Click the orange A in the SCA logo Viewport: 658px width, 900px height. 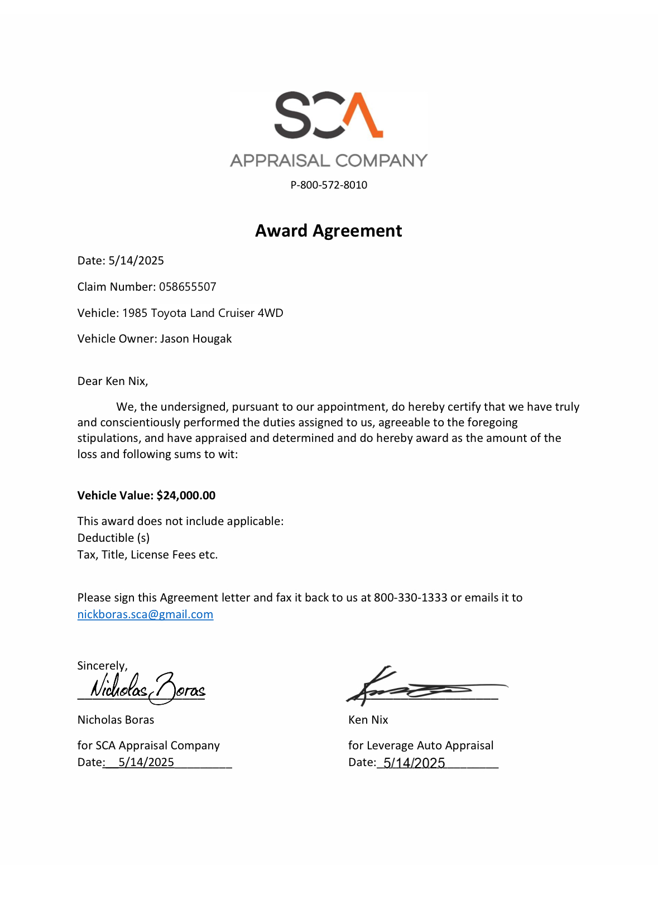363,115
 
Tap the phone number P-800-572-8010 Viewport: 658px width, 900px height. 329,185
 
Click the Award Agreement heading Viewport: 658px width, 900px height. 328,230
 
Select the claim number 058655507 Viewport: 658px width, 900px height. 188,287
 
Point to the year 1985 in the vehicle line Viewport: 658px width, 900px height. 135,313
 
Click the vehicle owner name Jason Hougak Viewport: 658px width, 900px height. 196,339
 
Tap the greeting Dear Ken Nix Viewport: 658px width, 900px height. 113,381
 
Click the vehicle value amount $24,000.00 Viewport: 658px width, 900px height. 186,495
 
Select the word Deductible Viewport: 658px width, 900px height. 106,538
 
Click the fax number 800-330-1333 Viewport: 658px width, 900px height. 410,598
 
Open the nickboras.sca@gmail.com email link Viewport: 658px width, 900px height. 145,614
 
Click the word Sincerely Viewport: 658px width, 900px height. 102,666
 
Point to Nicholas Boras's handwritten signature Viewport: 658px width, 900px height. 148,688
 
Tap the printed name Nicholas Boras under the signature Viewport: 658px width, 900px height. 116,720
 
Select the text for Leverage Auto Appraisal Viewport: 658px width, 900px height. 421,745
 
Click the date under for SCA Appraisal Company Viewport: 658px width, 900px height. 146,762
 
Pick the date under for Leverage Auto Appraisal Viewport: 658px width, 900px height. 414,763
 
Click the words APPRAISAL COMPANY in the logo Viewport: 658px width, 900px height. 329,161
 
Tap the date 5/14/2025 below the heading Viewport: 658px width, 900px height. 136,261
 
